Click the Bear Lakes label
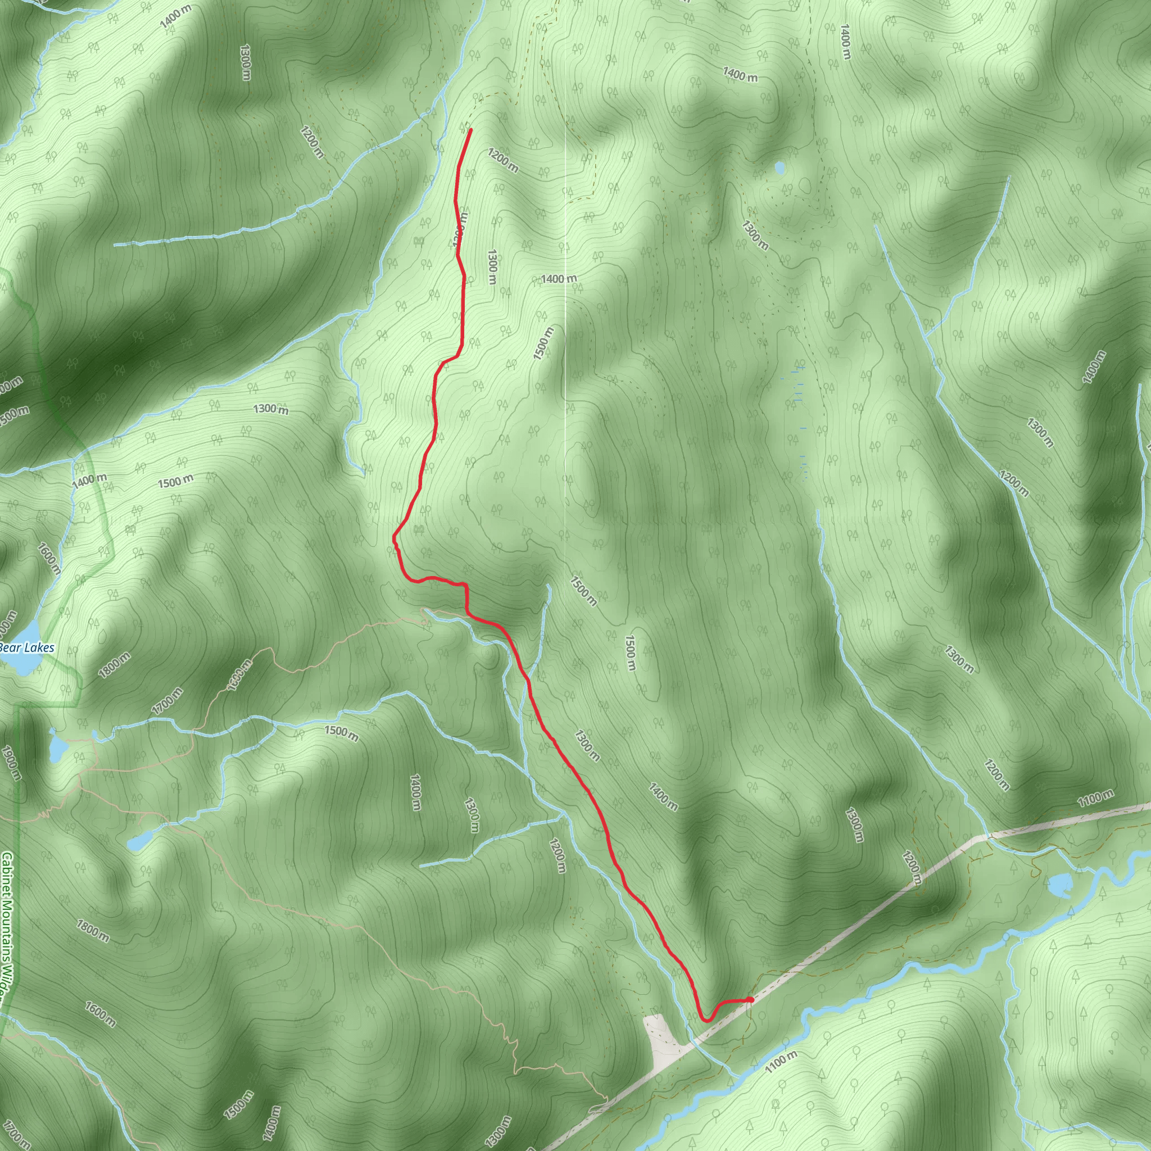[x=27, y=648]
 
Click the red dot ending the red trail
[x=750, y=999]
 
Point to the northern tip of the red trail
[x=470, y=129]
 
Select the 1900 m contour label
[x=11, y=763]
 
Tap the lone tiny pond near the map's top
[x=780, y=169]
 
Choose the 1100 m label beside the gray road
[x=1095, y=798]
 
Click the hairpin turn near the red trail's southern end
[x=706, y=1020]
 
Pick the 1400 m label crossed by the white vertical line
[x=559, y=278]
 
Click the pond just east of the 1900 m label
[x=57, y=747]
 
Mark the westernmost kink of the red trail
[x=393, y=537]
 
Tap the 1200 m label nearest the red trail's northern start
[x=503, y=161]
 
